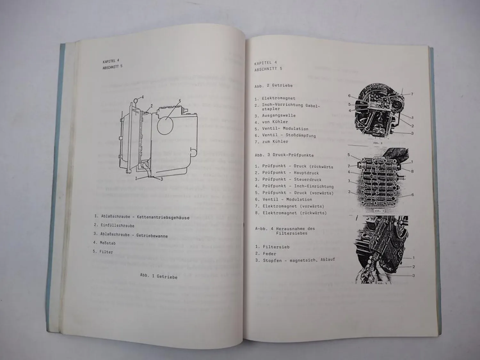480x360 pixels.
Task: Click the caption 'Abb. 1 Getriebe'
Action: [158, 276]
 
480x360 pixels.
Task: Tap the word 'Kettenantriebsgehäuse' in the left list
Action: [163, 218]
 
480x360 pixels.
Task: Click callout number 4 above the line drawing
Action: [142, 97]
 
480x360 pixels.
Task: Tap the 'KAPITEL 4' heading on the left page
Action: [111, 61]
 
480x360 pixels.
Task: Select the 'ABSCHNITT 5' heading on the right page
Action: [268, 69]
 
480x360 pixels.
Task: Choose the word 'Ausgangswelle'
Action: [279, 116]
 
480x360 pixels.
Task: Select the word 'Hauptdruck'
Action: [306, 173]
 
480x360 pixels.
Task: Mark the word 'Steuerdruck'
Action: [308, 180]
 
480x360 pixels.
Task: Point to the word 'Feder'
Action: [269, 253]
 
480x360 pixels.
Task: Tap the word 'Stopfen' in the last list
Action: [273, 260]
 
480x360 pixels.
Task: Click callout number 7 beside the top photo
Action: [412, 94]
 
